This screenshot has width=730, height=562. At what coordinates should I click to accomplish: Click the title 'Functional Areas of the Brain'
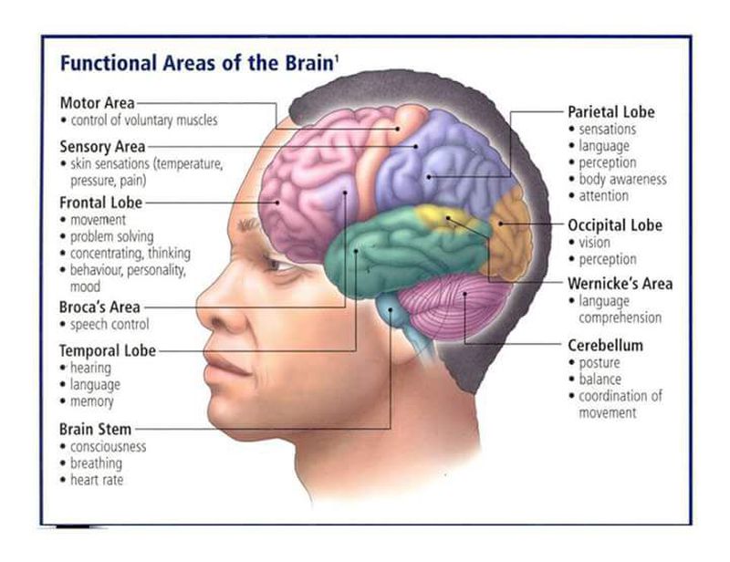point(196,63)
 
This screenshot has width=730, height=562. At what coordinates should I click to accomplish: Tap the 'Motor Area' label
point(98,103)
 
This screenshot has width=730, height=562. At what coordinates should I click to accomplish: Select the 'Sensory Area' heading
point(102,147)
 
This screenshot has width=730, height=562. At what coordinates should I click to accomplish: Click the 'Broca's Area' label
point(99,307)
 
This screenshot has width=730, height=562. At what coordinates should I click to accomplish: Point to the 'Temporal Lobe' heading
point(108,350)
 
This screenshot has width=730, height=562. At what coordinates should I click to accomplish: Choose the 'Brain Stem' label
point(96,430)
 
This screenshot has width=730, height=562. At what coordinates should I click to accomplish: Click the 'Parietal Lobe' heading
point(611,112)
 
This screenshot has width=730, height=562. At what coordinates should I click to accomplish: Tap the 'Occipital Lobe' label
point(615,225)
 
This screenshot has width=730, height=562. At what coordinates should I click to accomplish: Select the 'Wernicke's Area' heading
point(620,284)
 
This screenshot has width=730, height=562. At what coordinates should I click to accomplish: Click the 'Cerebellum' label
point(605,346)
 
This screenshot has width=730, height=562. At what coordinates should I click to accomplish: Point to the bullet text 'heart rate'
point(97,480)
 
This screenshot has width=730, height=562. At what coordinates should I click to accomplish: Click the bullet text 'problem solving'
point(111,236)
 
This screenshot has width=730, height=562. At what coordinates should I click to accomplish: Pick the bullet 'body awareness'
point(622,179)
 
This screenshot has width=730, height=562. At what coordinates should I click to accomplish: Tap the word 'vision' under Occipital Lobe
point(594,243)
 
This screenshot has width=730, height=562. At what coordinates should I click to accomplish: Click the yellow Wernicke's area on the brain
point(440,219)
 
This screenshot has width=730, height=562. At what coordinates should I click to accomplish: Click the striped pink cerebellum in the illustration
point(454,305)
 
